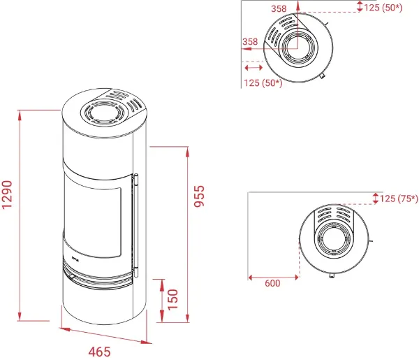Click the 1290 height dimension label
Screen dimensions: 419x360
coord(7,194)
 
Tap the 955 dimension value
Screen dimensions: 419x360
coord(199,196)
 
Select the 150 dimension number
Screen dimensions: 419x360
coord(173,300)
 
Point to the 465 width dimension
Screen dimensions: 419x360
coord(99,352)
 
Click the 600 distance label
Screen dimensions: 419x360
coord(272,283)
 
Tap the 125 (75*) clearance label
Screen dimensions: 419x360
coord(399,199)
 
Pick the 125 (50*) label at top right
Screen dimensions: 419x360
coord(383,8)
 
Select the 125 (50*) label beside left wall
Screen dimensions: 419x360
coord(263,83)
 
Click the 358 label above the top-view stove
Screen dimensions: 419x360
coord(279,8)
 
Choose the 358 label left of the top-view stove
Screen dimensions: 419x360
coord(250,42)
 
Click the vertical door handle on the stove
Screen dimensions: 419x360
coord(136,225)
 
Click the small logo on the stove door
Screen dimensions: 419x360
coord(75,258)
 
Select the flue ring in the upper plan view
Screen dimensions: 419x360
coord(297,47)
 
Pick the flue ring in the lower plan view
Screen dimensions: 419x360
coord(333,238)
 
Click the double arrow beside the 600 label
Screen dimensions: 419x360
coord(273,278)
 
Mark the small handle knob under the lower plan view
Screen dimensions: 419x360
coord(331,275)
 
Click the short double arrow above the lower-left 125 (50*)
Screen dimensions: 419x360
coord(253,67)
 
